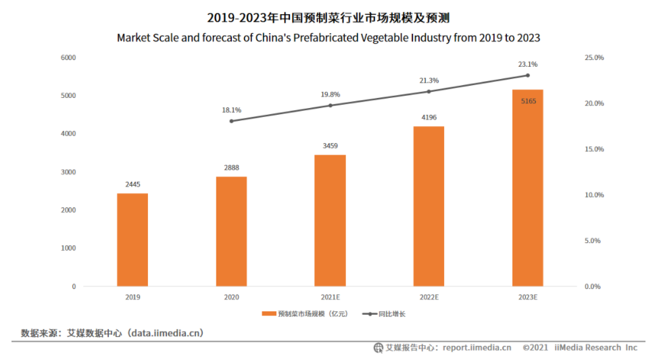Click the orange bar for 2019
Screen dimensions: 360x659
click(x=132, y=240)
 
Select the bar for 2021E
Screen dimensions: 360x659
click(x=330, y=221)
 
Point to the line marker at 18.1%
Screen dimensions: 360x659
click(x=231, y=121)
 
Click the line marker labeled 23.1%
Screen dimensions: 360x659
click(x=527, y=75)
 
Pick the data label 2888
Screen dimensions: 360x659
click(x=231, y=168)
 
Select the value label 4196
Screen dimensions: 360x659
click(x=429, y=117)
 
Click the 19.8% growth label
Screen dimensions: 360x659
click(x=330, y=95)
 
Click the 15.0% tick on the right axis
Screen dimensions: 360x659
click(x=594, y=149)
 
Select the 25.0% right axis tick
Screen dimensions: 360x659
click(x=594, y=58)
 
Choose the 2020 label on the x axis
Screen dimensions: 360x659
click(x=231, y=297)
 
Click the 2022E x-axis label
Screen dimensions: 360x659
click(x=429, y=297)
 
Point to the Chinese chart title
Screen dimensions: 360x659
click(x=328, y=18)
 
